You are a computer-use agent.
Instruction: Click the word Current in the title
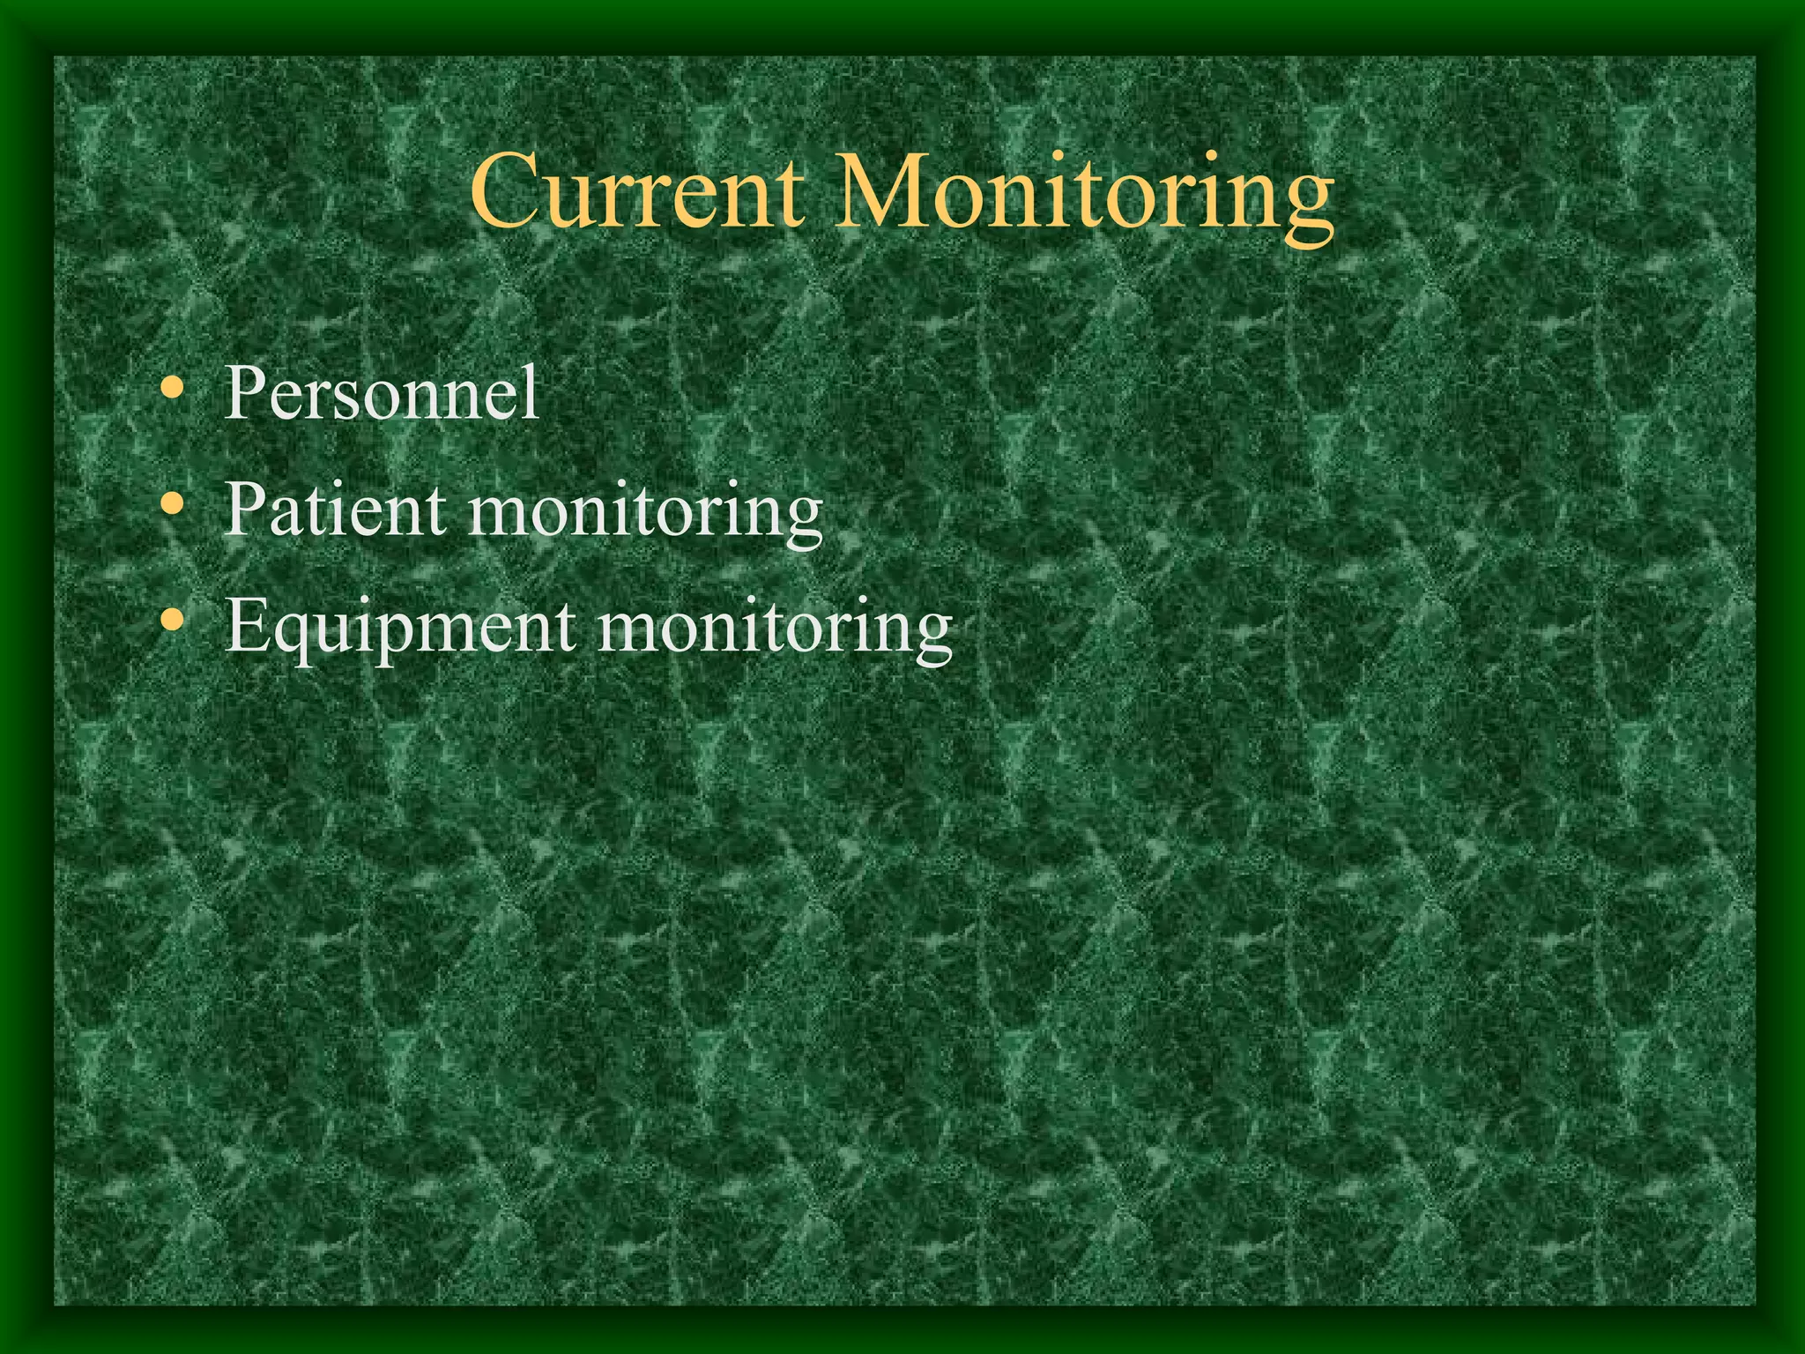tap(636, 192)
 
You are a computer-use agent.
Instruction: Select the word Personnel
tap(381, 393)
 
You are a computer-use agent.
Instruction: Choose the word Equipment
tap(401, 629)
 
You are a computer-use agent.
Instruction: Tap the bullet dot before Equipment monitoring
tap(174, 621)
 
